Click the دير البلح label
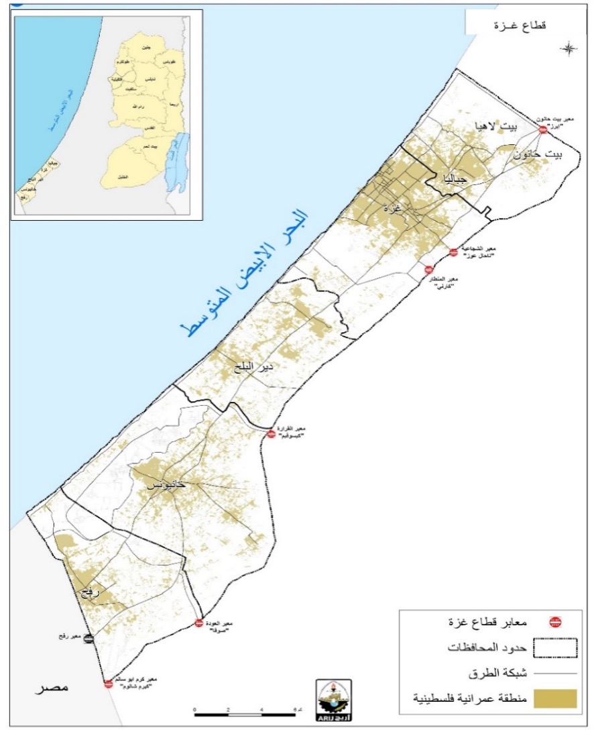click(x=249, y=367)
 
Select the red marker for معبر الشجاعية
click(x=454, y=252)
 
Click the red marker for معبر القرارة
click(x=272, y=434)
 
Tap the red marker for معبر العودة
click(x=198, y=623)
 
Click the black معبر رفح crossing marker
click(x=89, y=638)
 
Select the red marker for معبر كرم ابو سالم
click(x=108, y=684)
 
